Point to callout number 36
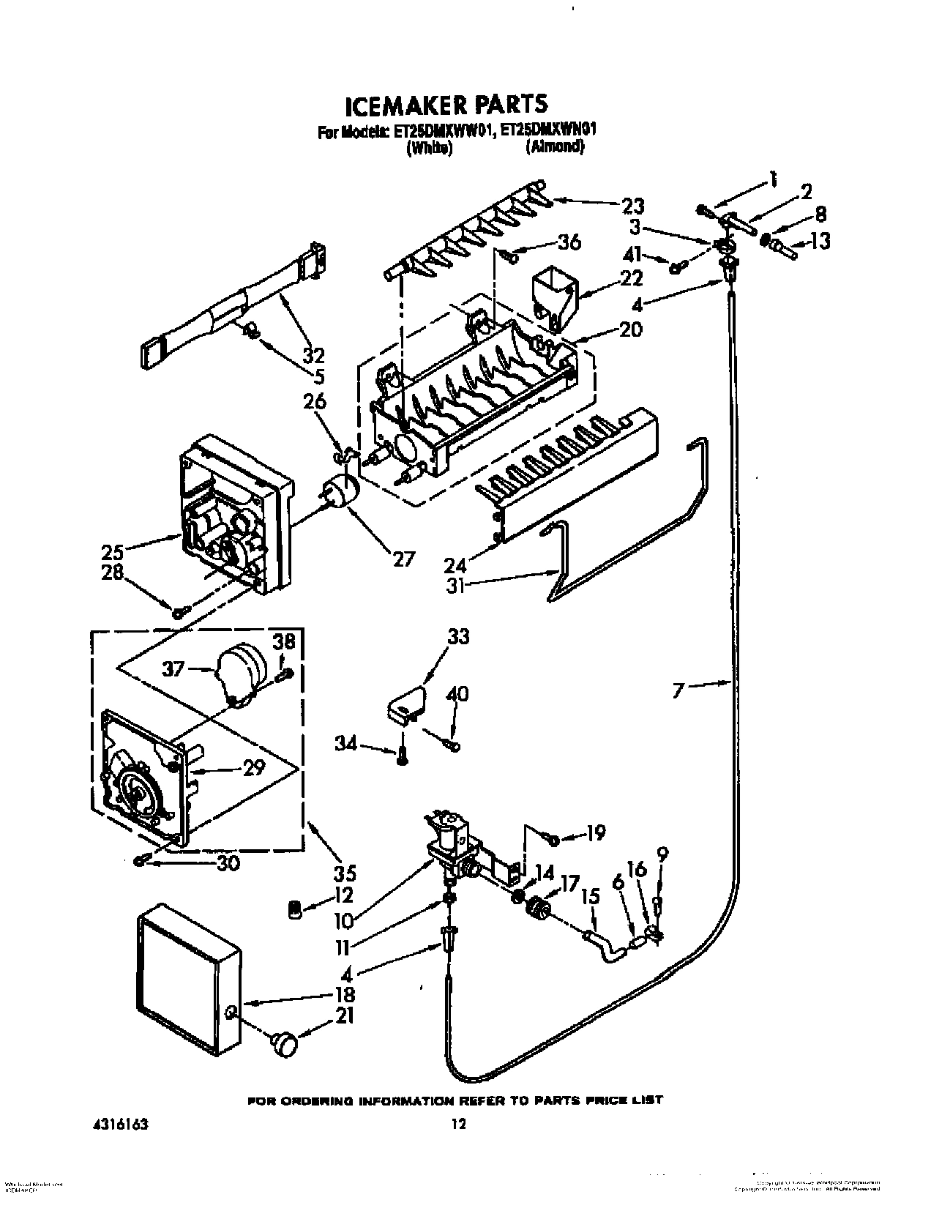(x=569, y=242)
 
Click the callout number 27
(x=403, y=559)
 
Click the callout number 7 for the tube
(x=680, y=689)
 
